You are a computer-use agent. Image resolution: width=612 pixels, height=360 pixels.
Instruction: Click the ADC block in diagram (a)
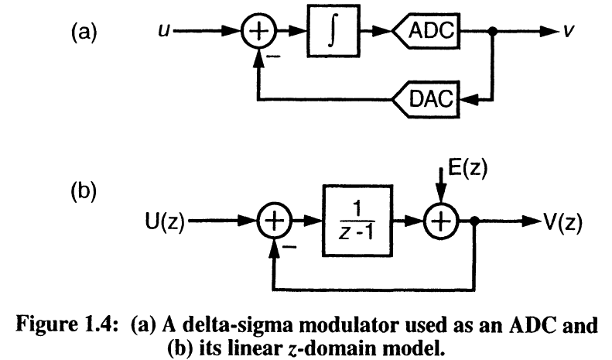click(x=426, y=32)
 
